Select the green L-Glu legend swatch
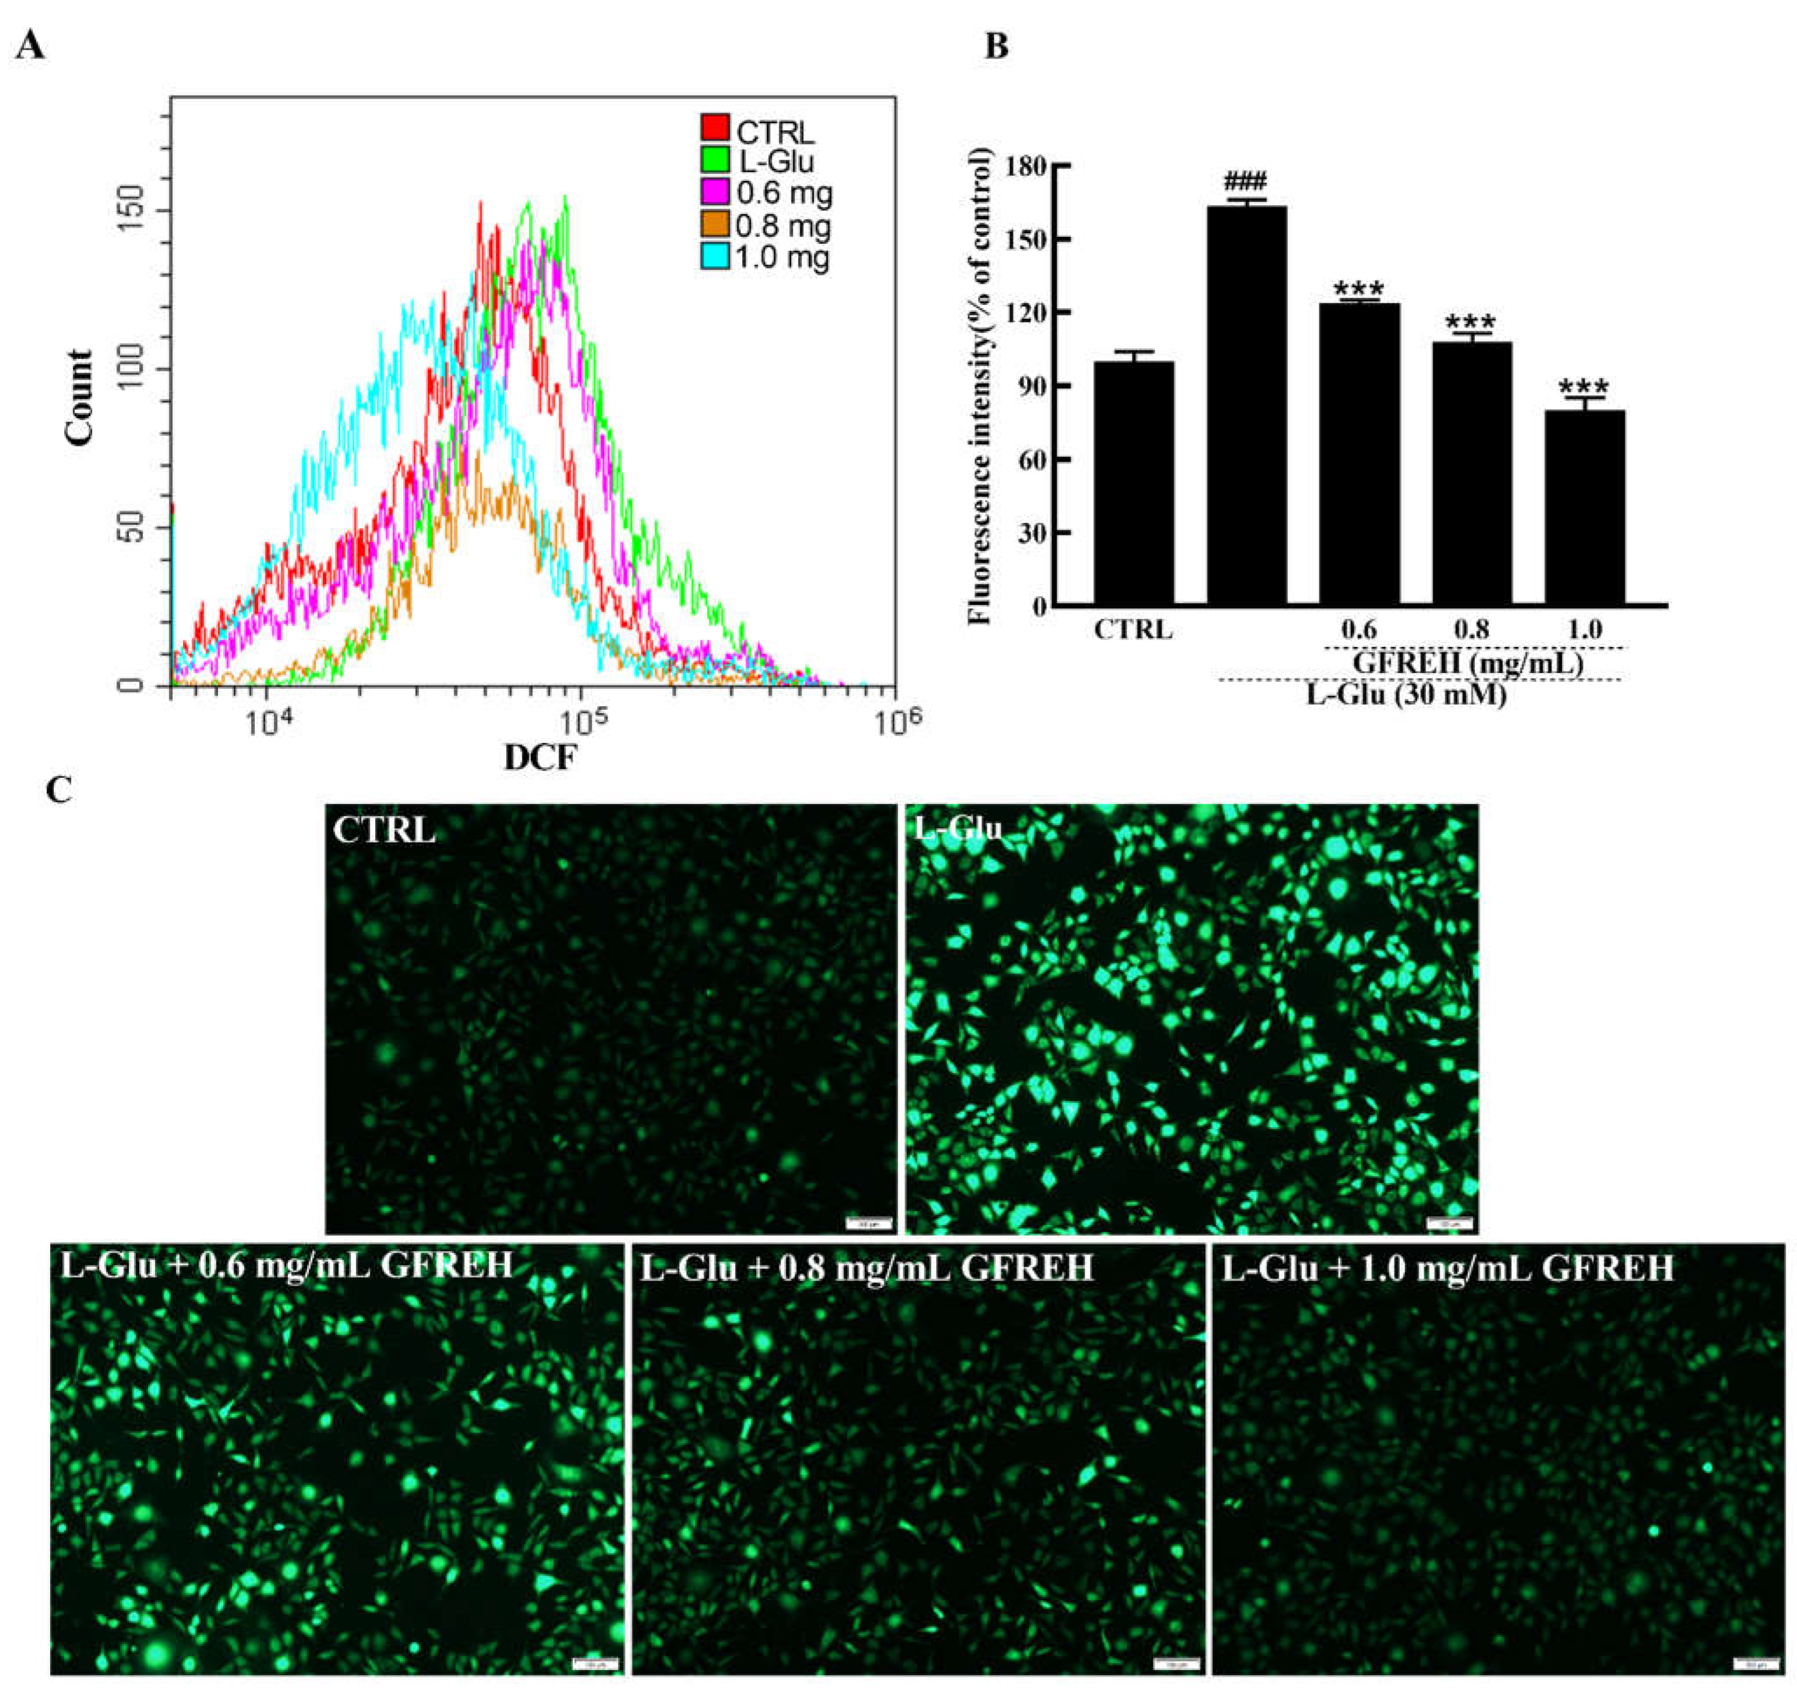click(x=715, y=160)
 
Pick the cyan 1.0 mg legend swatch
click(x=715, y=257)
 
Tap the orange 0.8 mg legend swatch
click(x=715, y=224)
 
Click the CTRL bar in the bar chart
click(x=1133, y=484)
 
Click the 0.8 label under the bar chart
click(x=1471, y=629)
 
